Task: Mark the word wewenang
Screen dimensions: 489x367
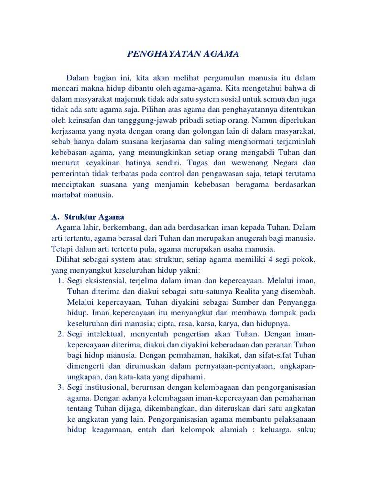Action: tap(262, 163)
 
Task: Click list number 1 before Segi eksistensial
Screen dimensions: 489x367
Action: tap(60, 281)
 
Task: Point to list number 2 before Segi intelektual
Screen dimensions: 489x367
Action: tap(60, 334)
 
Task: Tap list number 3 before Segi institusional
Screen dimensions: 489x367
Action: tap(60, 387)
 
